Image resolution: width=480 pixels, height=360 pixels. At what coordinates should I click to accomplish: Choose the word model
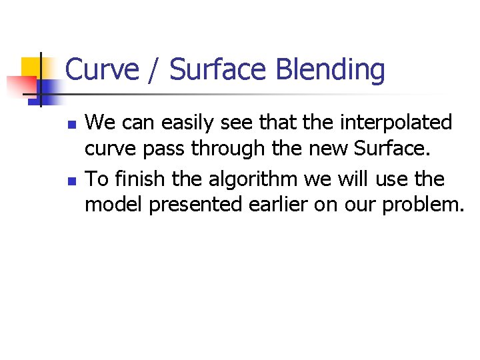point(113,205)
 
